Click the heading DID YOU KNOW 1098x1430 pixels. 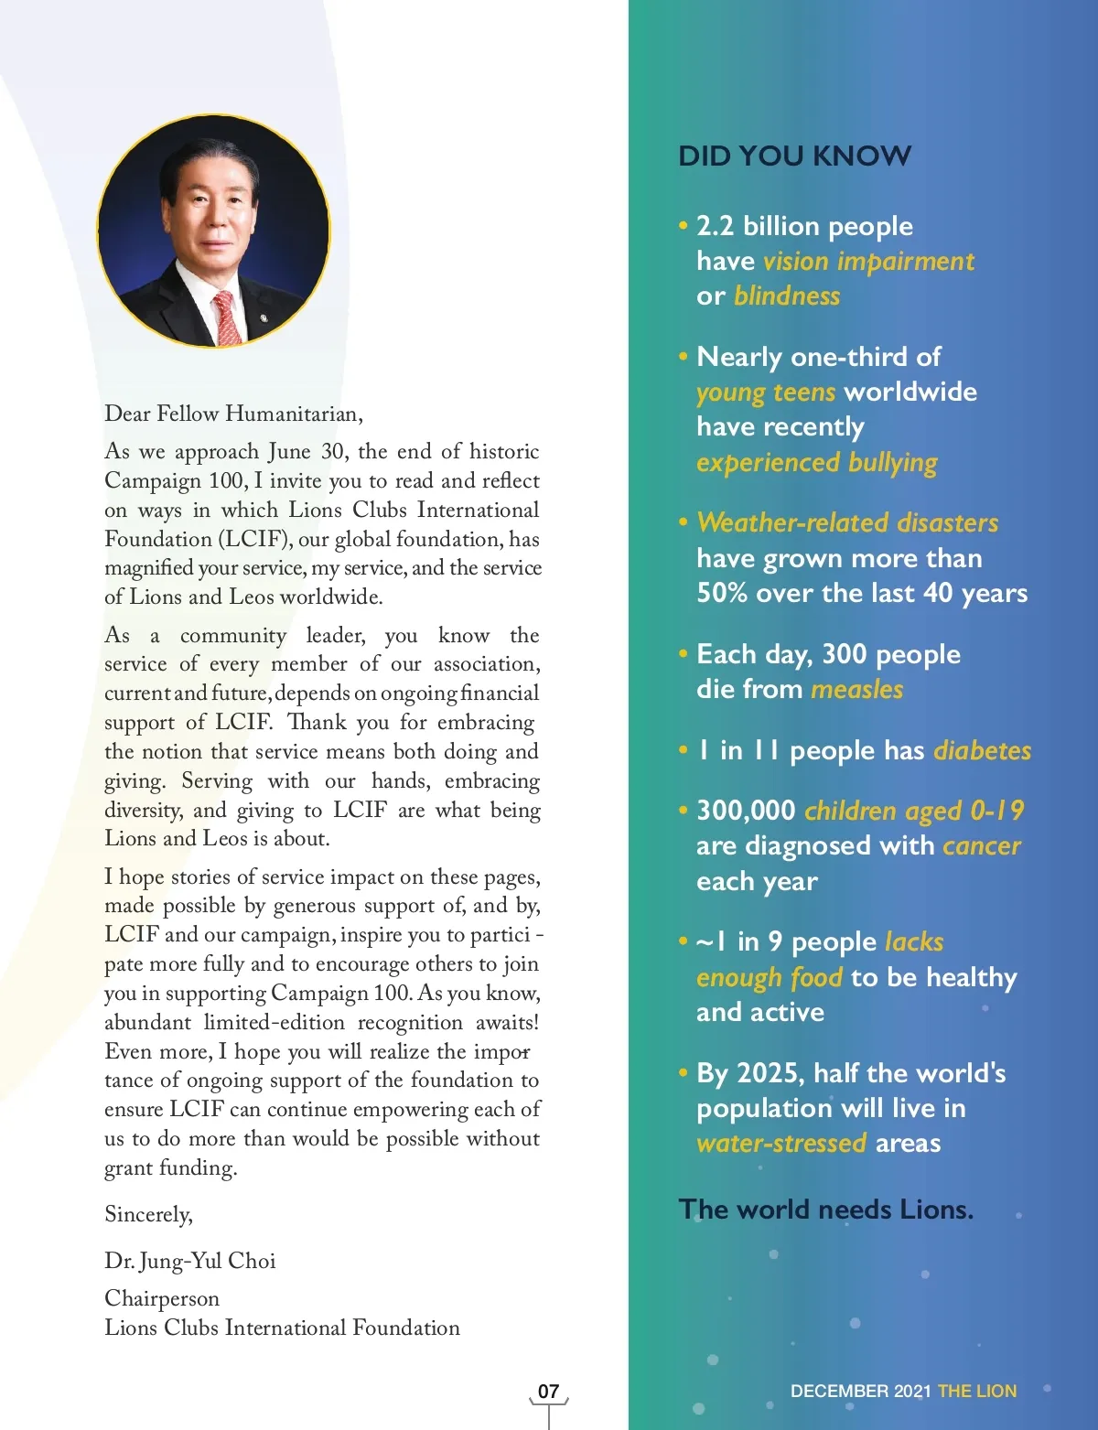pos(794,156)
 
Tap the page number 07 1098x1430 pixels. pos(548,1392)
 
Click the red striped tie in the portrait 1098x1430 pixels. pos(226,317)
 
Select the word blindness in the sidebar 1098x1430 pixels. pos(786,296)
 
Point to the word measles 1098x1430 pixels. pos(856,689)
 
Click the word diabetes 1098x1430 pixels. pos(982,751)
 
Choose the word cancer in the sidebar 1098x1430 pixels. pos(981,846)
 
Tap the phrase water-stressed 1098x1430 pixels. pos(780,1144)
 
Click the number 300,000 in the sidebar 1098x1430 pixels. pos(746,811)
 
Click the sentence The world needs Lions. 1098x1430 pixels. pos(825,1210)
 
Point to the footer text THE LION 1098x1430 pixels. pos(976,1392)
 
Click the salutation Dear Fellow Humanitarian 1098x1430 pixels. pos(233,414)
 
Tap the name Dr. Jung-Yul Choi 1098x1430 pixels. pos(190,1262)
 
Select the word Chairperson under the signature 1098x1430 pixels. pos(162,1299)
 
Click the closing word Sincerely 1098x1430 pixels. pos(148,1215)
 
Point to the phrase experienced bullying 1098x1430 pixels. pos(816,463)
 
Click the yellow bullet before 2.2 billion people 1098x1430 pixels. pos(683,225)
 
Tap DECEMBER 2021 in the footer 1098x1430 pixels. pos(860,1392)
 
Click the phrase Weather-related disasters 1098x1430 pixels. pos(847,523)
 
